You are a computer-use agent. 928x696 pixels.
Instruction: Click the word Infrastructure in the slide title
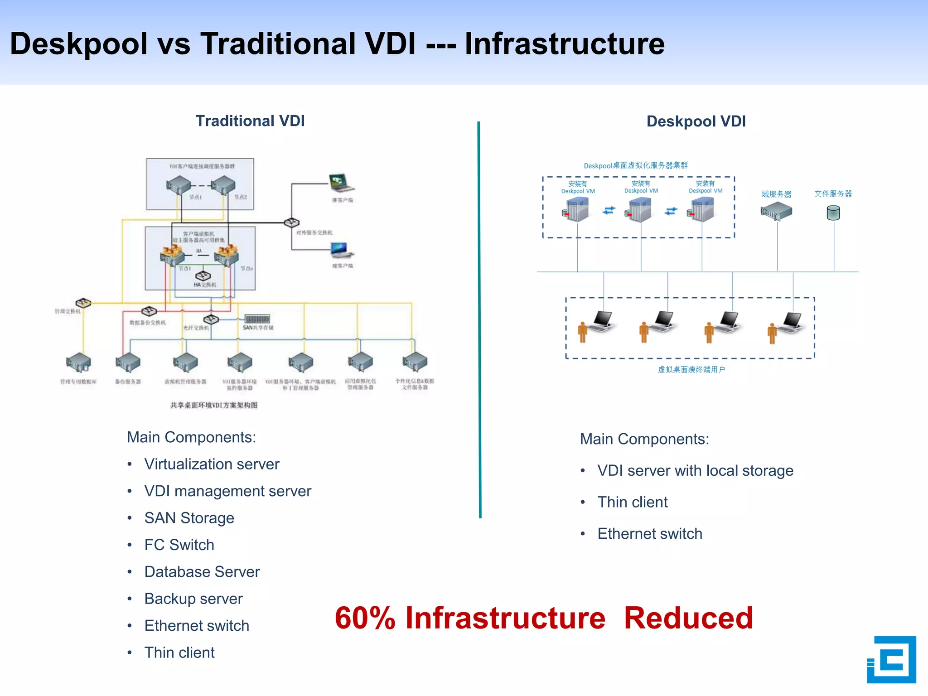pos(564,44)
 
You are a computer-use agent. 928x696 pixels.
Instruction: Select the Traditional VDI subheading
pos(250,121)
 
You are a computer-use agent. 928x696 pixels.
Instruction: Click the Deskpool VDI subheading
pos(696,121)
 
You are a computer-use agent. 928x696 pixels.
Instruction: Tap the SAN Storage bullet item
pos(189,518)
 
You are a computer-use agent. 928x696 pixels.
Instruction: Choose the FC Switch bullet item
pos(179,545)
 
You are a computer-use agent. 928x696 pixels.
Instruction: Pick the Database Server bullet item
pos(202,572)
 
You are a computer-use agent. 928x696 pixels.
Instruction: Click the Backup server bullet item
pos(193,599)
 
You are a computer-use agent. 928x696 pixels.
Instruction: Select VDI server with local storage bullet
pos(695,471)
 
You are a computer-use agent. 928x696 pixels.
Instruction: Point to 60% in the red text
pos(365,618)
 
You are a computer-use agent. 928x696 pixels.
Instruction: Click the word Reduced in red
pos(688,618)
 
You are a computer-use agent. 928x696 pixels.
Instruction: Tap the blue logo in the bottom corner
pos(891,659)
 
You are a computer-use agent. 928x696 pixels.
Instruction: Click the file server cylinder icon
pos(833,213)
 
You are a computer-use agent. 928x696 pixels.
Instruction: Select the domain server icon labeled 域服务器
pos(776,211)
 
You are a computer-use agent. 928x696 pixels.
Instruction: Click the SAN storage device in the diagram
pos(257,319)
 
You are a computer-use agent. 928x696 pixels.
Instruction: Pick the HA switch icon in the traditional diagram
pos(203,276)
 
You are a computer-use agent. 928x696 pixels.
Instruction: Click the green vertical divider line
pos(479,317)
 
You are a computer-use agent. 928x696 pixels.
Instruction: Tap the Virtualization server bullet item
pos(211,464)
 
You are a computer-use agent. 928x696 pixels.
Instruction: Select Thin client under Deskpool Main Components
pos(632,502)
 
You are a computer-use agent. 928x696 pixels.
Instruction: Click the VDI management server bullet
pos(227,491)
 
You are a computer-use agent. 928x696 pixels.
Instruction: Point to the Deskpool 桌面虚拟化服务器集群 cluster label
pos(635,165)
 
